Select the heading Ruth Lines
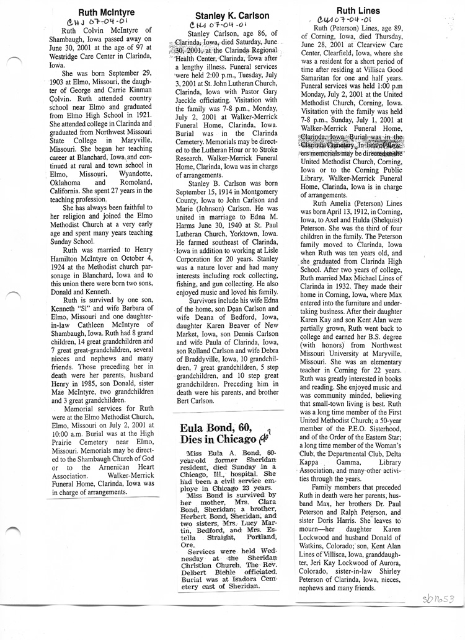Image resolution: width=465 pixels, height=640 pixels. click(x=358, y=11)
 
